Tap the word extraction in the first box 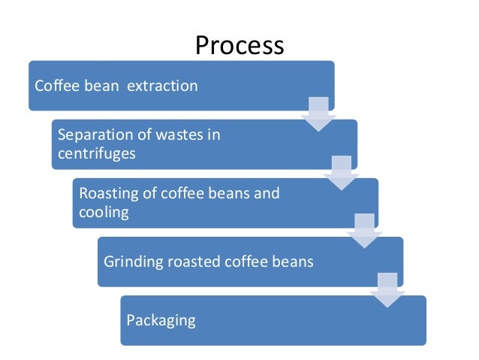(x=162, y=86)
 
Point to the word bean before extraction (x=99, y=86)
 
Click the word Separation (x=93, y=135)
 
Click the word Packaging (x=161, y=320)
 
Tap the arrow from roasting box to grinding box (x=363, y=231)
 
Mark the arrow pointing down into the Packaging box (x=386, y=289)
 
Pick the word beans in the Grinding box (x=291, y=262)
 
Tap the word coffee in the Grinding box (x=245, y=262)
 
